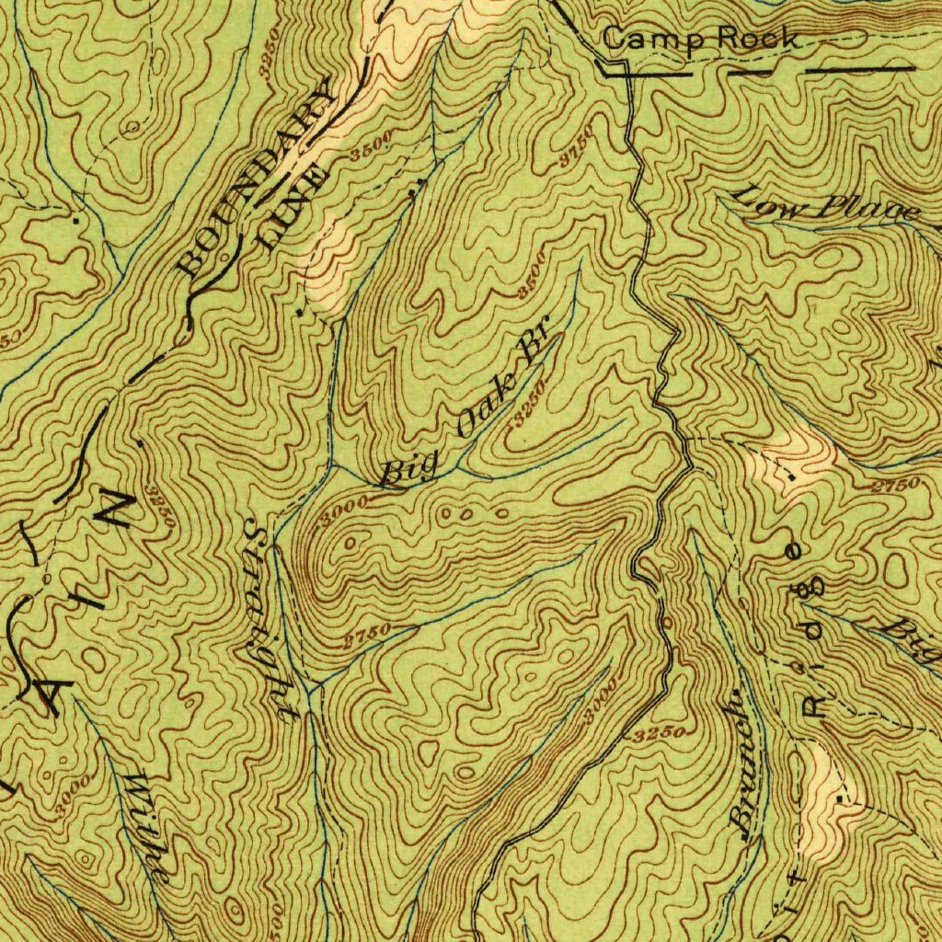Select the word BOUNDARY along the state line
point(258,180)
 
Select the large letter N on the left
point(117,509)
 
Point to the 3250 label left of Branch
point(660,733)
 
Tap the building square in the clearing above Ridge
point(792,477)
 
